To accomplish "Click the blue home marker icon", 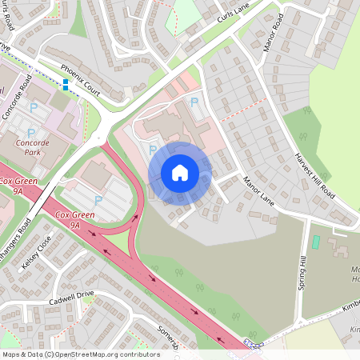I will pyautogui.click(x=180, y=173).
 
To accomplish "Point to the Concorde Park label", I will pyautogui.click(x=33, y=147).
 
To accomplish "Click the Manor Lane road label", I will pyautogui.click(x=258, y=192).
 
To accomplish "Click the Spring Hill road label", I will pyautogui.click(x=303, y=274).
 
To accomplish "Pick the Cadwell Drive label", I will pyautogui.click(x=71, y=297).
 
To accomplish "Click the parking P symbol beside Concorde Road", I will pyautogui.click(x=34, y=106).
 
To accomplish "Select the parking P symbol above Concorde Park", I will pyautogui.click(x=30, y=133).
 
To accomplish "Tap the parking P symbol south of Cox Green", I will pyautogui.click(x=98, y=200).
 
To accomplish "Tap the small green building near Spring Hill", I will pyautogui.click(x=315, y=241).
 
